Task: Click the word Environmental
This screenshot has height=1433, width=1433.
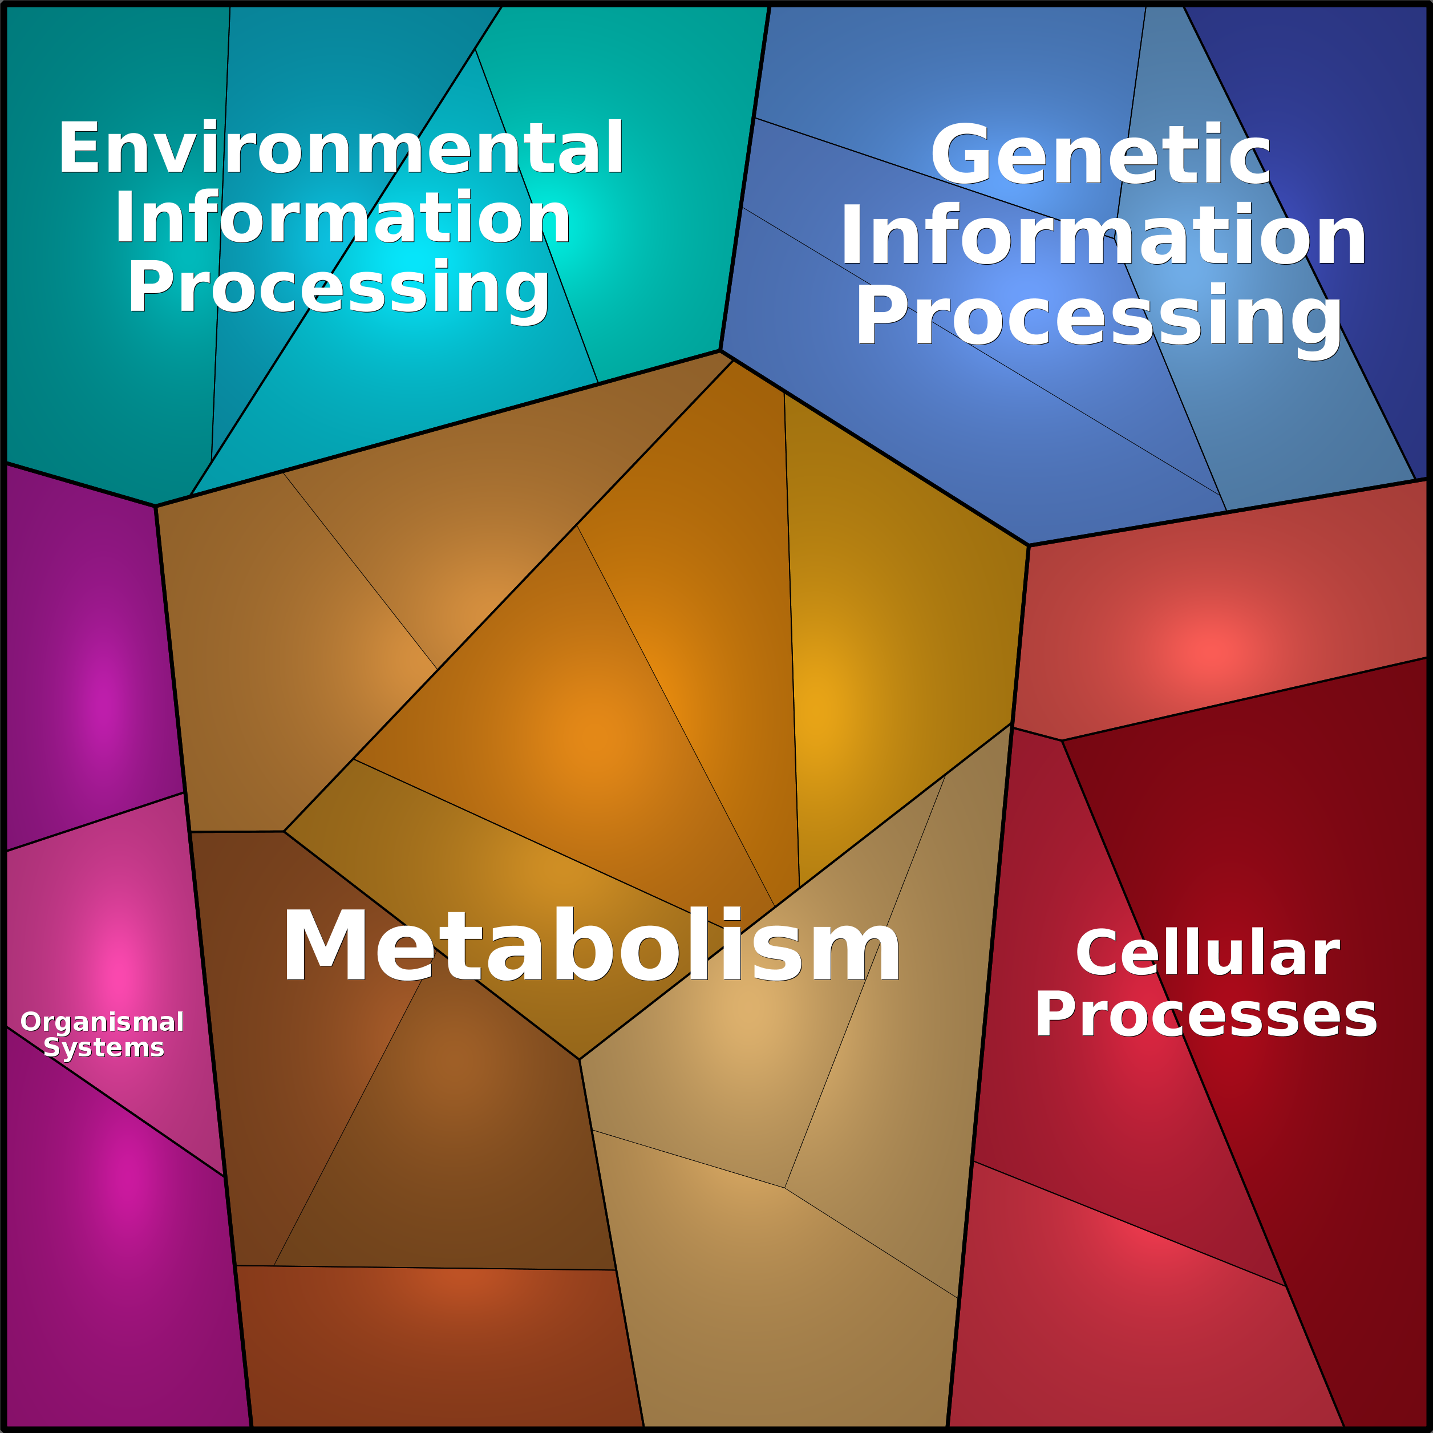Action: (x=341, y=148)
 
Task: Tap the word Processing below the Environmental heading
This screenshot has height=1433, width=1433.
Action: (x=339, y=289)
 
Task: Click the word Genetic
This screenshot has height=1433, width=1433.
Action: (x=1101, y=154)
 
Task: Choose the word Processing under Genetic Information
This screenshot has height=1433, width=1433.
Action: (x=1099, y=317)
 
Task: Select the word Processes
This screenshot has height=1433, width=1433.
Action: (x=1206, y=1015)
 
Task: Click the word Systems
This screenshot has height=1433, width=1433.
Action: (x=104, y=1047)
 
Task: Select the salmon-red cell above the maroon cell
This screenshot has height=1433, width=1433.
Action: (x=1216, y=630)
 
